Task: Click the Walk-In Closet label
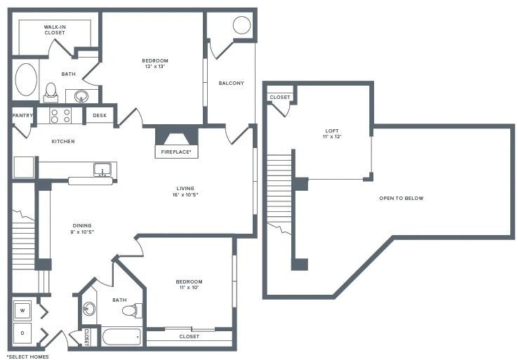point(55,29)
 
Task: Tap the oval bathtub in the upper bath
point(26,79)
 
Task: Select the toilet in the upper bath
point(51,93)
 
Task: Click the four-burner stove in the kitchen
point(60,116)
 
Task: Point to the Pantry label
point(22,115)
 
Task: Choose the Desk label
point(100,115)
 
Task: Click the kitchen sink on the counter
point(102,170)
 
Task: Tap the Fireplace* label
point(176,152)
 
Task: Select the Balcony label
point(231,84)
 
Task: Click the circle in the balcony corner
point(242,25)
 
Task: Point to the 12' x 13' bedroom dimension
point(155,67)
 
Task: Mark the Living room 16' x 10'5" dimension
point(185,194)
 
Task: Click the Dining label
point(82,225)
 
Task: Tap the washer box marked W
point(22,310)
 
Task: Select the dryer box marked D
point(22,333)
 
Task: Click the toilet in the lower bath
point(133,310)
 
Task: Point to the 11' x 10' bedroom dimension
point(189,287)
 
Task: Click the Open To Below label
point(401,198)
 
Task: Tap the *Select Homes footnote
point(28,356)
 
